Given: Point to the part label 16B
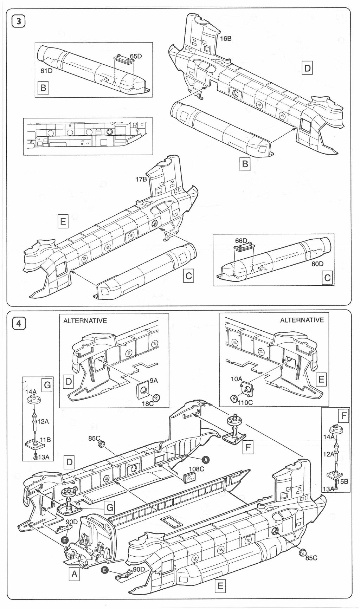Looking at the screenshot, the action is tap(226, 39).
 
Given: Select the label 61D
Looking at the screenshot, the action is tap(47, 71).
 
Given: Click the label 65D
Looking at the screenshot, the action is tap(136, 56).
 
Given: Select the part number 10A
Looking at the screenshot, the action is tap(237, 379).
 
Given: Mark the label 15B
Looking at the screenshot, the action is tap(342, 481).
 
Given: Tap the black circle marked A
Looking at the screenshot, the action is tap(206, 459).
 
